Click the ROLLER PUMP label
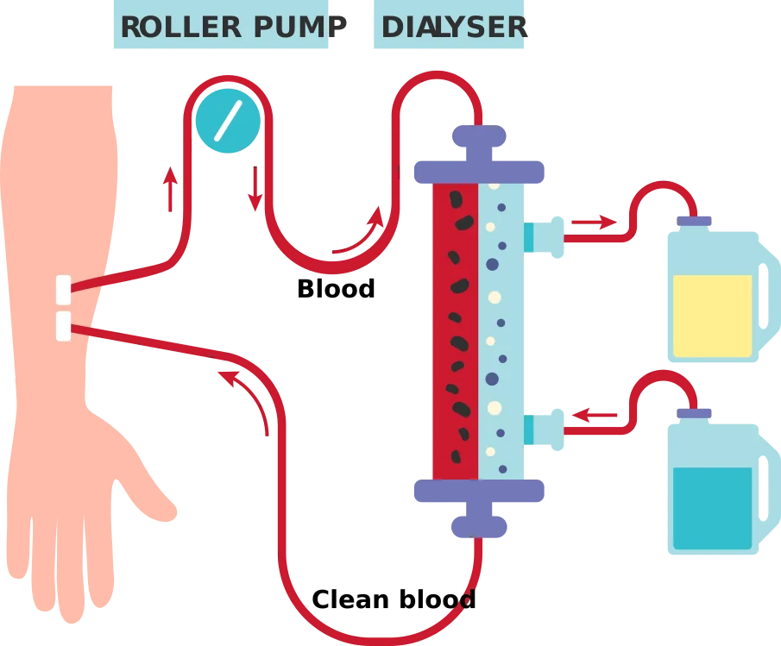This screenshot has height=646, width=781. point(234,27)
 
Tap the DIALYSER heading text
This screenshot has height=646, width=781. point(454,27)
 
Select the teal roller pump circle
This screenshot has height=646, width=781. point(228,121)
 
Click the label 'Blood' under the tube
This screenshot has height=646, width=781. point(336,289)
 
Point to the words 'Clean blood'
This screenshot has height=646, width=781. point(394,599)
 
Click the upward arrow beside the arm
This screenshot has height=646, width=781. point(170,189)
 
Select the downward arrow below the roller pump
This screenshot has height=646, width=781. point(255,189)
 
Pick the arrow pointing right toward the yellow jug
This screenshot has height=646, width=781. point(595,222)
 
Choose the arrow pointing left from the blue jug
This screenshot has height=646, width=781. point(595,415)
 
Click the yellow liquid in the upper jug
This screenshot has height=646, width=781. point(712,316)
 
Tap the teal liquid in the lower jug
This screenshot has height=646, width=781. point(712,508)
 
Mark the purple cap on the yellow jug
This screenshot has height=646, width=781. point(694,221)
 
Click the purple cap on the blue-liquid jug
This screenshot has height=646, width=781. point(694,413)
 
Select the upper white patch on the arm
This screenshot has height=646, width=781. point(63,290)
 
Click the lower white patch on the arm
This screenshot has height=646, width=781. point(63,326)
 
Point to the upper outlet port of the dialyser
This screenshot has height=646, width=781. point(544,237)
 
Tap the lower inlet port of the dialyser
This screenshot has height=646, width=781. point(544,430)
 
